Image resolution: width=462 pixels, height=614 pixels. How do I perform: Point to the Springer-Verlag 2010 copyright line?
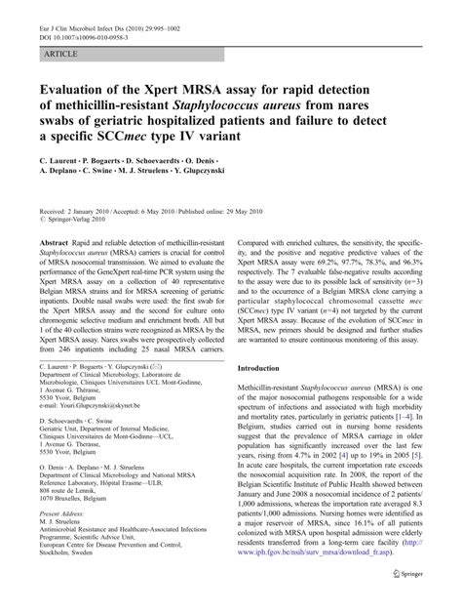tap(81, 206)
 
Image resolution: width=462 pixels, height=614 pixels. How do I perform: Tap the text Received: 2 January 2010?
tap(77, 196)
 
